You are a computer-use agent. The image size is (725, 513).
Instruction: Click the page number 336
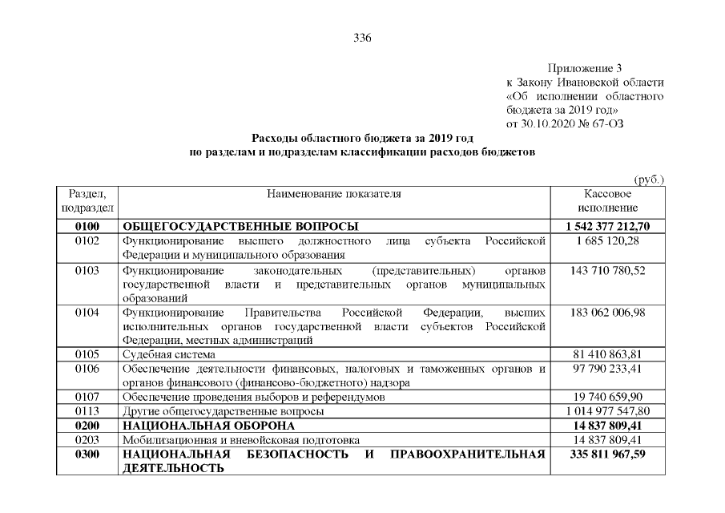point(363,38)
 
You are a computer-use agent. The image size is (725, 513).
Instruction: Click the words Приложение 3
point(585,69)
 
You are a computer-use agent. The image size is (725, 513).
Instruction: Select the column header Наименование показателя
point(334,194)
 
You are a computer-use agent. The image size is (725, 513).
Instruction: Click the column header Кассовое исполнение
point(607,201)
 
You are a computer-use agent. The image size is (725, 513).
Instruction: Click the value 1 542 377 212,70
point(607,226)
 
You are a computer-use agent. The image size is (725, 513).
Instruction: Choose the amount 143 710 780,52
point(607,271)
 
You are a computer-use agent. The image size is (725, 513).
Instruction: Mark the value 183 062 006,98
point(607,312)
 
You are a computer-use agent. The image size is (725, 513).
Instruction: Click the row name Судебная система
point(168,353)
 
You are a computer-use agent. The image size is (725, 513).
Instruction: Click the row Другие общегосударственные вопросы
point(223,411)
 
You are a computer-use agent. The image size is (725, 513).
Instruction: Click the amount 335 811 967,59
point(607,454)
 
